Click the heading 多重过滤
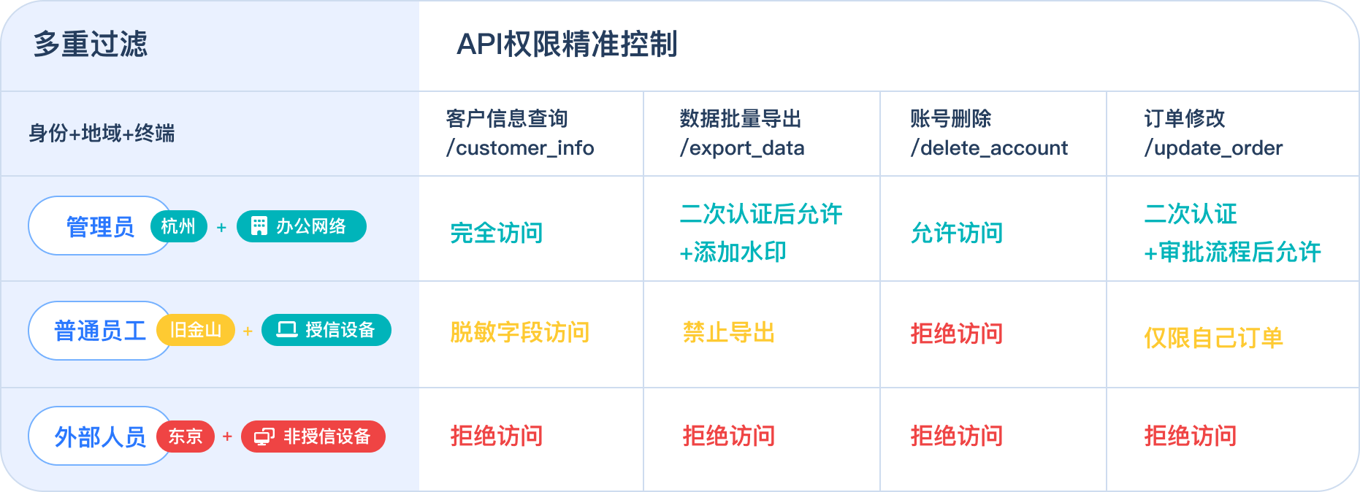click(91, 45)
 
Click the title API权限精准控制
click(567, 45)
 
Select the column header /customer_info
click(520, 134)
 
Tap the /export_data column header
click(741, 134)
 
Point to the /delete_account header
click(988, 134)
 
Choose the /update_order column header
click(1212, 134)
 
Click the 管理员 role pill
click(99, 226)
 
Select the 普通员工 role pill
click(99, 331)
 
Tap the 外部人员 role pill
click(99, 437)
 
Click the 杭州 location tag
click(179, 226)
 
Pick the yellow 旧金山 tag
click(196, 330)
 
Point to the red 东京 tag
click(186, 437)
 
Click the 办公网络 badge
click(302, 226)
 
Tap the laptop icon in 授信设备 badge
click(287, 330)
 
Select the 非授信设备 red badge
click(313, 437)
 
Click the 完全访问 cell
click(497, 233)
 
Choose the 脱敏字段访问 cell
click(519, 332)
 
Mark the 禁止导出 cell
click(728, 332)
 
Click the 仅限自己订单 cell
click(1213, 337)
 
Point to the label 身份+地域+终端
click(102, 134)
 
